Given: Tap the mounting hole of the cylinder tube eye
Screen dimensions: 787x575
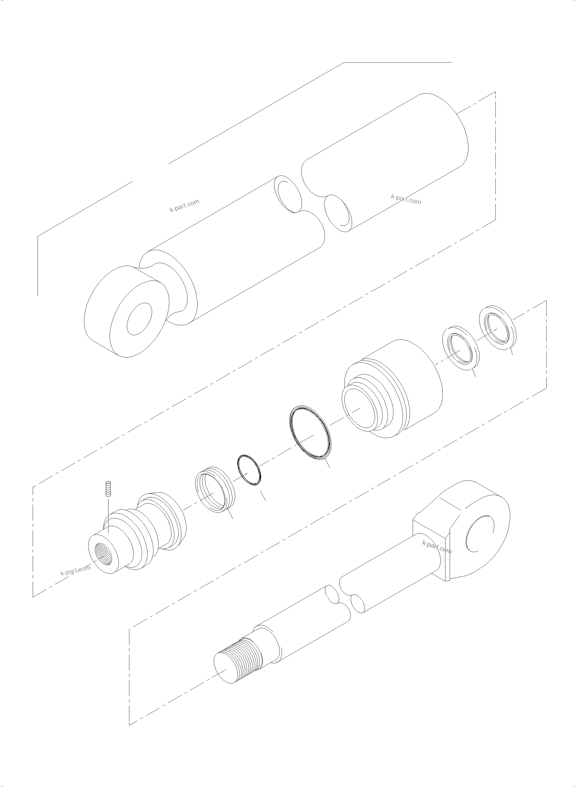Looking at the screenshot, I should [139, 318].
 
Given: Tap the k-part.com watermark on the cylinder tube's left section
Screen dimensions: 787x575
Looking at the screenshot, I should [185, 206].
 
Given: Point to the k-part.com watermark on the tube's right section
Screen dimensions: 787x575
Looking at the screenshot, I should [406, 200].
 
